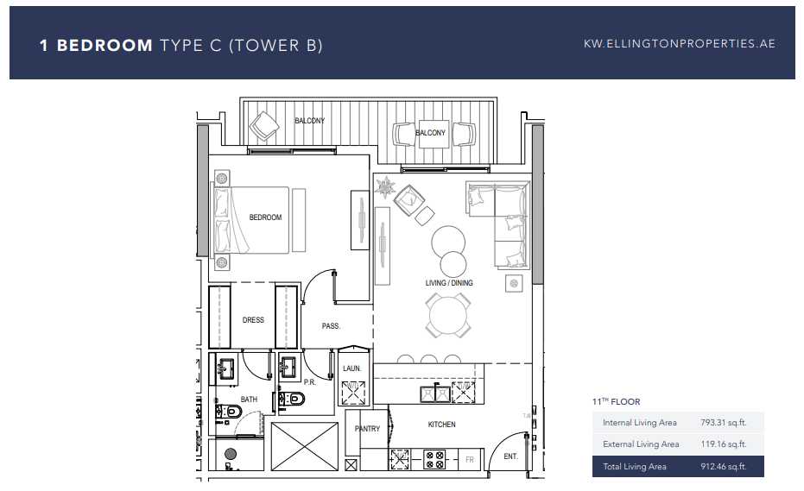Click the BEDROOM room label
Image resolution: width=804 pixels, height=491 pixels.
[265, 217]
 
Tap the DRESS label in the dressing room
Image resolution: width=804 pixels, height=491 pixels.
[253, 320]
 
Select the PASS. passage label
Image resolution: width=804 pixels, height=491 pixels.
[331, 326]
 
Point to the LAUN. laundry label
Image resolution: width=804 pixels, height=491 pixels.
[351, 368]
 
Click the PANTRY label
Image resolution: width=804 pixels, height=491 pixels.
[367, 429]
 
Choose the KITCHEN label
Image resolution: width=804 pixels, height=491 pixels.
[441, 425]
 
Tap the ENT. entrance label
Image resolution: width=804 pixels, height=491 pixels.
[510, 456]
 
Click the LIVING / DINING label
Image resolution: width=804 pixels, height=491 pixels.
[449, 283]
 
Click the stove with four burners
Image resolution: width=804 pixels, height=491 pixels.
[434, 459]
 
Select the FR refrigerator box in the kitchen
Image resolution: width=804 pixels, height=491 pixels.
[469, 460]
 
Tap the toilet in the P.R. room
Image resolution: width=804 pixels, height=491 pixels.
[292, 398]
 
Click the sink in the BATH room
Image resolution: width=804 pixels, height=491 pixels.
[225, 368]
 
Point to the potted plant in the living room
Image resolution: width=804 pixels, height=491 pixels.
[384, 186]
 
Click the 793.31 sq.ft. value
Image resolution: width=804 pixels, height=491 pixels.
[723, 422]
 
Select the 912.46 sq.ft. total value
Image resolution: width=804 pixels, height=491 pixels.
[723, 466]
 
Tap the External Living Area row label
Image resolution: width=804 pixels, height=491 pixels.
[641, 444]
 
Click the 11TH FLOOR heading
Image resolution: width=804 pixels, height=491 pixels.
[617, 402]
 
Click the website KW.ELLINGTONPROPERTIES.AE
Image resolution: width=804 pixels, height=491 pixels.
[680, 44]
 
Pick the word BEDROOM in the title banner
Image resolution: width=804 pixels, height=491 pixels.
[104, 45]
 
